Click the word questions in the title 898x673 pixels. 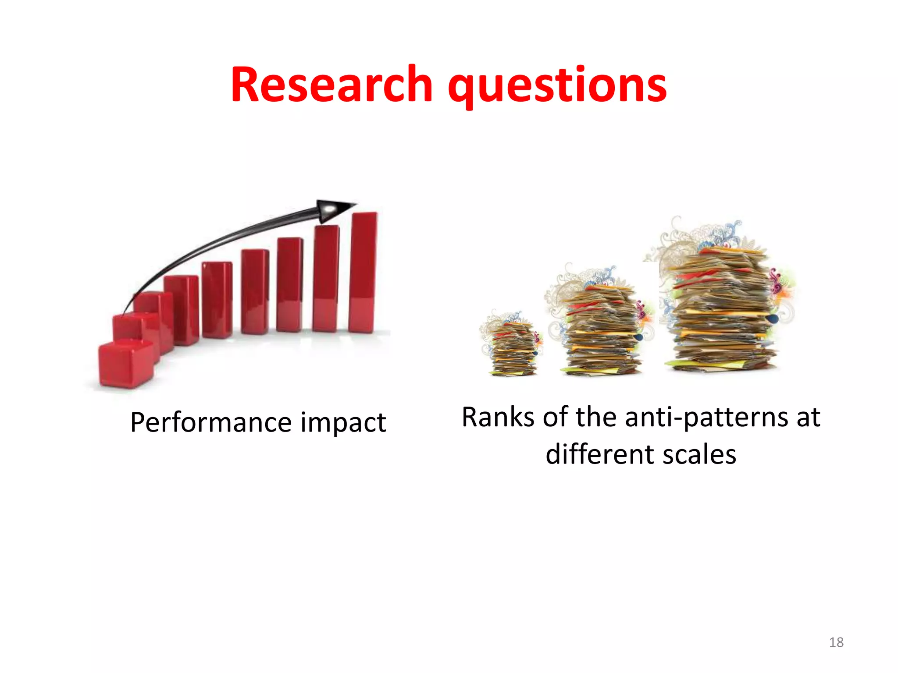point(557,86)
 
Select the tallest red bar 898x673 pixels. point(363,272)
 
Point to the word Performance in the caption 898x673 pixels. point(211,422)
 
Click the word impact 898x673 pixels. point(343,422)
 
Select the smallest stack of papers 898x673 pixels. point(512,348)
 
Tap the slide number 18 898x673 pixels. point(836,642)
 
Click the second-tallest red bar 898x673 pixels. point(326,278)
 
